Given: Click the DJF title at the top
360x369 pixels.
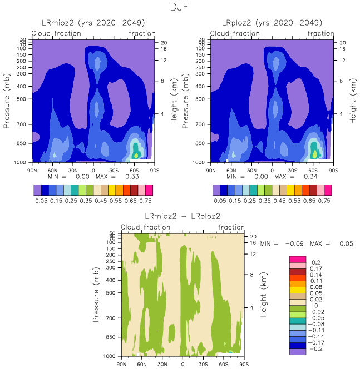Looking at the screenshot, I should click(180, 7).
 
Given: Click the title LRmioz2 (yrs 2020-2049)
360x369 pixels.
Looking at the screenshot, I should click(93, 23).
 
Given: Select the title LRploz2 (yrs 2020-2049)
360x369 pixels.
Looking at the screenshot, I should click(272, 23).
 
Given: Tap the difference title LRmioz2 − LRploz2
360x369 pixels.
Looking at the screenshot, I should click(183, 216).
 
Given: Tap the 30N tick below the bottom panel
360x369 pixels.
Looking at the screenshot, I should click(162, 364).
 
